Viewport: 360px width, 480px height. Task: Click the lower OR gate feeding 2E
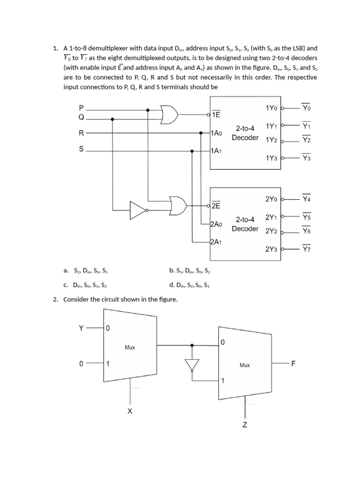(x=179, y=205)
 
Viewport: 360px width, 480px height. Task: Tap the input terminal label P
(x=81, y=107)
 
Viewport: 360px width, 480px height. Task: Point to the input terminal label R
(x=81, y=133)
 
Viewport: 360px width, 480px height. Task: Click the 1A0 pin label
(x=216, y=133)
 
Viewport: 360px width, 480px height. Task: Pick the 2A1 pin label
(x=216, y=242)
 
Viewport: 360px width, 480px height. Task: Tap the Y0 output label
(x=307, y=108)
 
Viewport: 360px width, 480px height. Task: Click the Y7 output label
(x=307, y=249)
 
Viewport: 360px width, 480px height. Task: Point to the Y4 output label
(x=307, y=199)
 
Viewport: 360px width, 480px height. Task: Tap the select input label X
(x=130, y=411)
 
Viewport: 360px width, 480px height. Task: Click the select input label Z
(x=245, y=425)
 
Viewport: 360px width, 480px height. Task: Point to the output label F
(x=293, y=363)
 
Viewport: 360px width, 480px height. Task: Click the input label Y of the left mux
(x=81, y=328)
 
